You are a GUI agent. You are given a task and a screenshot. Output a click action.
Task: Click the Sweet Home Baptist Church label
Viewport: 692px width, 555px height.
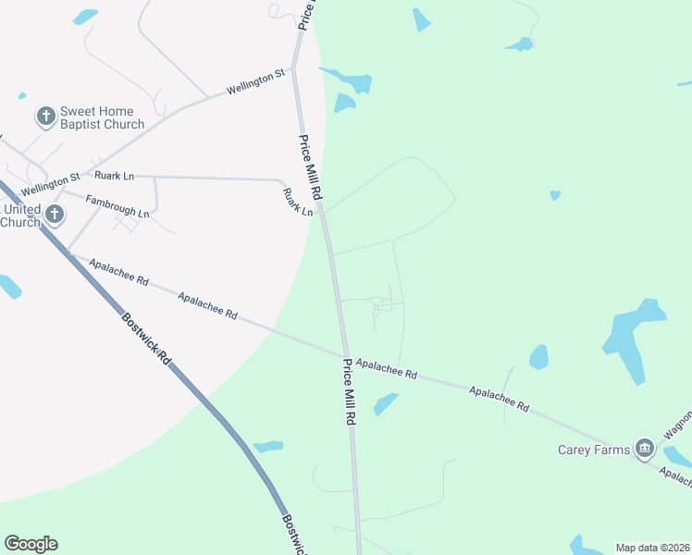click(102, 117)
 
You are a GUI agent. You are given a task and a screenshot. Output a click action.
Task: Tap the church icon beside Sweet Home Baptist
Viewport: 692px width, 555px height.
click(45, 117)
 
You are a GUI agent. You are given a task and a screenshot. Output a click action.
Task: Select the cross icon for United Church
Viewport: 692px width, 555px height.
click(55, 215)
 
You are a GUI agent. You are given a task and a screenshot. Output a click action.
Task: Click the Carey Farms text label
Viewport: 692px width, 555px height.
click(594, 450)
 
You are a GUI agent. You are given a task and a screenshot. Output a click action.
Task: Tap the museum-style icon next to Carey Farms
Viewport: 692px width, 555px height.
click(645, 450)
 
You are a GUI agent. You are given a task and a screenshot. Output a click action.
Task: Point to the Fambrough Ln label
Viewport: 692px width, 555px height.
click(117, 206)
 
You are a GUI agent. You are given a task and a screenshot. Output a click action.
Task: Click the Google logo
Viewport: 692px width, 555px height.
click(31, 544)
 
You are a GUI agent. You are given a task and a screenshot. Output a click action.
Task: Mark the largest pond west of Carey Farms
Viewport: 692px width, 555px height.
click(633, 337)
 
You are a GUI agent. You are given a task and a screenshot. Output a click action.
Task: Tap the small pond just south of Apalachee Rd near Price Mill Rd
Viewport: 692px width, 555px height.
click(386, 403)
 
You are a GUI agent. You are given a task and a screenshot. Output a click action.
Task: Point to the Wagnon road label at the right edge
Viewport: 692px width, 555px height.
click(677, 427)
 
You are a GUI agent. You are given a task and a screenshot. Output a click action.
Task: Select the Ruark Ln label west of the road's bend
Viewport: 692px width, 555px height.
click(114, 175)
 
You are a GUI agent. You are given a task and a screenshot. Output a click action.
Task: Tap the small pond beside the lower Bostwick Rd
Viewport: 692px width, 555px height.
click(268, 447)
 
